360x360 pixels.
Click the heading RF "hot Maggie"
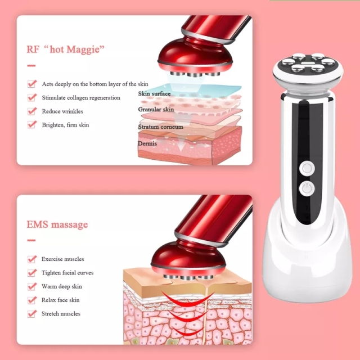[x=66, y=48]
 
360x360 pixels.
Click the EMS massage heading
[x=57, y=224]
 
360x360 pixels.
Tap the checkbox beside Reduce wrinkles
[x=31, y=111]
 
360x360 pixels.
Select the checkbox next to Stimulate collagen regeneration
[x=31, y=98]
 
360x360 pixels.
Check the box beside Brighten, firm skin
[x=31, y=125]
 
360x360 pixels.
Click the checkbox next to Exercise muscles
[x=31, y=259]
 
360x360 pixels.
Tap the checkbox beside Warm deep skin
[x=31, y=286]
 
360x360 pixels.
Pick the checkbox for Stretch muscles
[x=31, y=314]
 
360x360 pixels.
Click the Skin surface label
[x=154, y=93]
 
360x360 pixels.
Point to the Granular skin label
[x=156, y=110]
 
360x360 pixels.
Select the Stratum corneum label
[x=160, y=127]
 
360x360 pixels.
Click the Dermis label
[x=147, y=143]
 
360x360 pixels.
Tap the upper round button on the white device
[x=307, y=167]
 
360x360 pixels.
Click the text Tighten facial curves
[x=67, y=273]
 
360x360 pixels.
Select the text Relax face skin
[x=61, y=300]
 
